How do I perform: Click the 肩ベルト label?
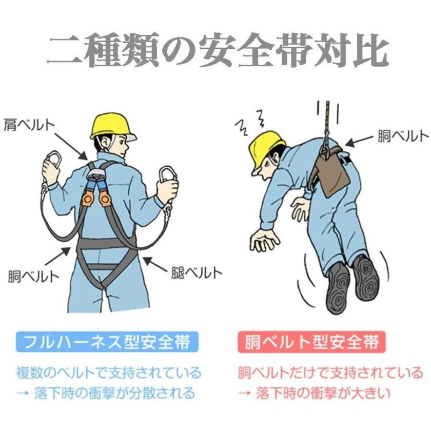(29, 125)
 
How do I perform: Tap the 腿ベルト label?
(196, 272)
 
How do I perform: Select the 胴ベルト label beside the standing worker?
(34, 276)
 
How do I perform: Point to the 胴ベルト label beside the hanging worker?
(403, 136)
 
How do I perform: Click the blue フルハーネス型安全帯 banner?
(107, 342)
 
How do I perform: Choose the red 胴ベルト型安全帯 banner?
(312, 342)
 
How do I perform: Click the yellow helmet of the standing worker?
(113, 127)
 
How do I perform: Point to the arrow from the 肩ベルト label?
(71, 147)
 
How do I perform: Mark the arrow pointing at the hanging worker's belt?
(360, 140)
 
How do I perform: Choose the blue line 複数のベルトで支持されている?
(109, 373)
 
